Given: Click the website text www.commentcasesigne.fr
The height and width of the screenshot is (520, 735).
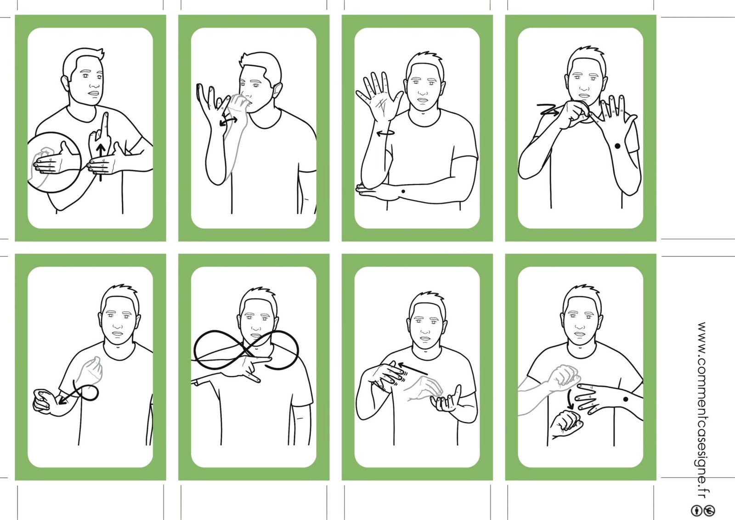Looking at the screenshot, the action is click(x=702, y=410).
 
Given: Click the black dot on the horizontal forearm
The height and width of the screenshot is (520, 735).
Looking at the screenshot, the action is click(x=403, y=191).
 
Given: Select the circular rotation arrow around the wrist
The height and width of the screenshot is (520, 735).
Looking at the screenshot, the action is click(x=385, y=133).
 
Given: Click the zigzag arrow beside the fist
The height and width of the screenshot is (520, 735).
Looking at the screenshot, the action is click(x=548, y=110).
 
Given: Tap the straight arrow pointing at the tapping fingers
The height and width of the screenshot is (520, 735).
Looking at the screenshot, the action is click(x=413, y=368).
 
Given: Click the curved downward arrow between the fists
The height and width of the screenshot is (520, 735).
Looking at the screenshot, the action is click(x=570, y=399).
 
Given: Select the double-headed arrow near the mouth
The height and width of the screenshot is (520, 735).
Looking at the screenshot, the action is click(x=228, y=121).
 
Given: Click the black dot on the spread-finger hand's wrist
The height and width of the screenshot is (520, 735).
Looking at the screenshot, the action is click(x=625, y=399).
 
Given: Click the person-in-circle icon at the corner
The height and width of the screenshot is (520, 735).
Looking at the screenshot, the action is click(x=696, y=510).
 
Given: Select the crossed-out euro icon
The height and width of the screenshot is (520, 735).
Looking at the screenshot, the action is click(x=709, y=510).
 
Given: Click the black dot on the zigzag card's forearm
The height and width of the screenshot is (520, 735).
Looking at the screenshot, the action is click(x=617, y=147).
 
